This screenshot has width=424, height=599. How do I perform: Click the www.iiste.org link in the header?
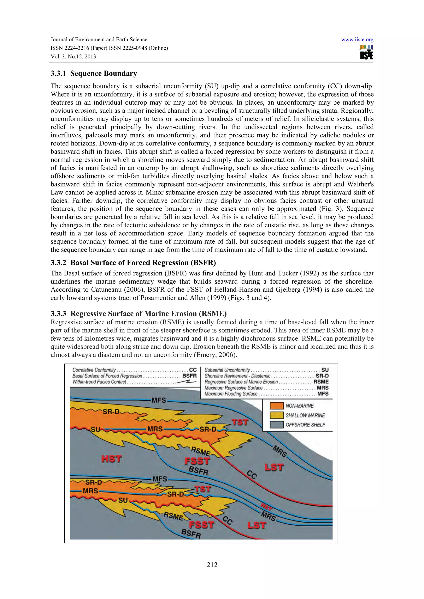357,40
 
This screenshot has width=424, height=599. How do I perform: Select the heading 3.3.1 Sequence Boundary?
94,74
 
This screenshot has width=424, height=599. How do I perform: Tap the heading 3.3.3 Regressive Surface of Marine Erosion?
139,313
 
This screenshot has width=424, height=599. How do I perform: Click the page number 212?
212,565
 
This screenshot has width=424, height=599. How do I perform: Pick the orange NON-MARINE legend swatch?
276,406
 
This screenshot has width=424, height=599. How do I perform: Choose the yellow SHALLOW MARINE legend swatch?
276,415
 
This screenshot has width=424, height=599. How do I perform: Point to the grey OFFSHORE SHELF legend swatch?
276,425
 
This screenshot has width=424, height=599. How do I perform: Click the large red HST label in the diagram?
112,459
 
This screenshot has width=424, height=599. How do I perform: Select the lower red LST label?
257,525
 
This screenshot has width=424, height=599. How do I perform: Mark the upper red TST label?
240,422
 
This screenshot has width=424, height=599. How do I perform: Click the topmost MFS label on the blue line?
159,400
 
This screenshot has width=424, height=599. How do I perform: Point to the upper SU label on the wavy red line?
95,429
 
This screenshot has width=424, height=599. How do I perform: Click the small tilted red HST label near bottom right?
266,507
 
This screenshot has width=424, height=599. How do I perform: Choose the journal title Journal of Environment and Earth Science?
99,40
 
